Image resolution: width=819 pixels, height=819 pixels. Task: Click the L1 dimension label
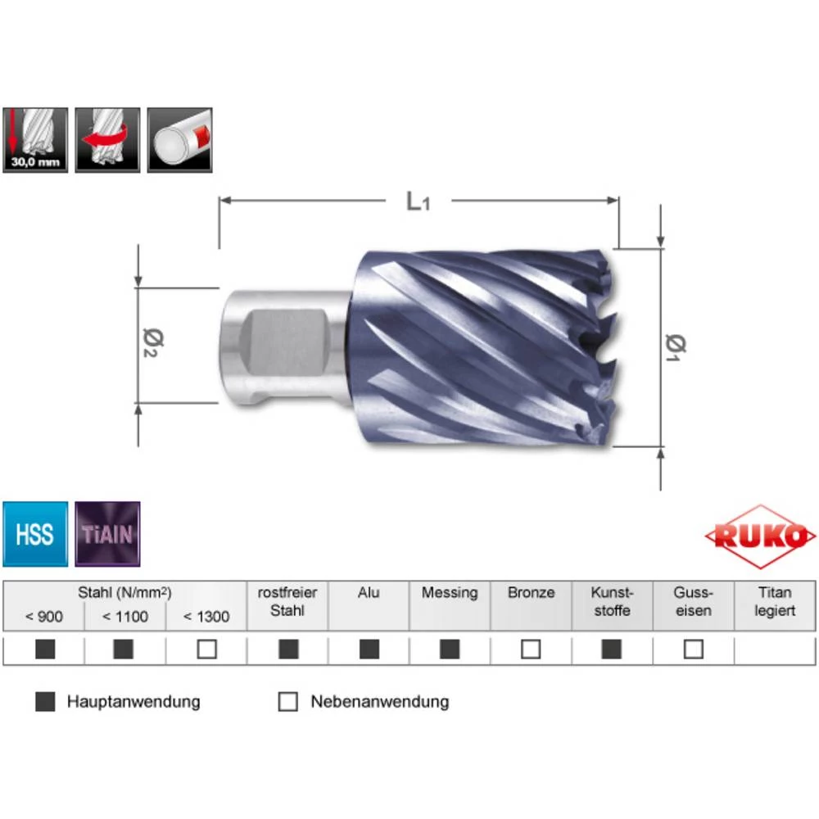coord(418,201)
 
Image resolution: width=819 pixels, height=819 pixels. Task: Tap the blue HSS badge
coord(34,535)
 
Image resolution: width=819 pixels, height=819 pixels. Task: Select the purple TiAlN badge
coord(108,535)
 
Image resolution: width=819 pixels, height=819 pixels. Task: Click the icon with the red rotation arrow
coord(107,140)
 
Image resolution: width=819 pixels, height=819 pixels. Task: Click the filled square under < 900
coord(45,649)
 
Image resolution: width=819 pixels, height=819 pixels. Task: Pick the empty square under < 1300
coord(206,649)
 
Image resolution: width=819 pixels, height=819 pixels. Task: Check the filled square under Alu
coord(369,649)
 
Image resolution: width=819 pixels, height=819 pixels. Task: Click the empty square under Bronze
coord(531,649)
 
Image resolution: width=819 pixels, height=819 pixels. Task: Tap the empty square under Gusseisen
coord(694,649)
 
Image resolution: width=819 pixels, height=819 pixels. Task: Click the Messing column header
coord(450,592)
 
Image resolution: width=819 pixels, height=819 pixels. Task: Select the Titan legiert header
coord(775,601)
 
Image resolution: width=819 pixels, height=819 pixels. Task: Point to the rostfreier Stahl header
coord(287,601)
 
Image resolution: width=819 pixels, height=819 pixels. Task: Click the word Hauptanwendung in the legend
coord(133,702)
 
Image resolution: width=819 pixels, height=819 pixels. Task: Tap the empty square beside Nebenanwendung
coord(287,702)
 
